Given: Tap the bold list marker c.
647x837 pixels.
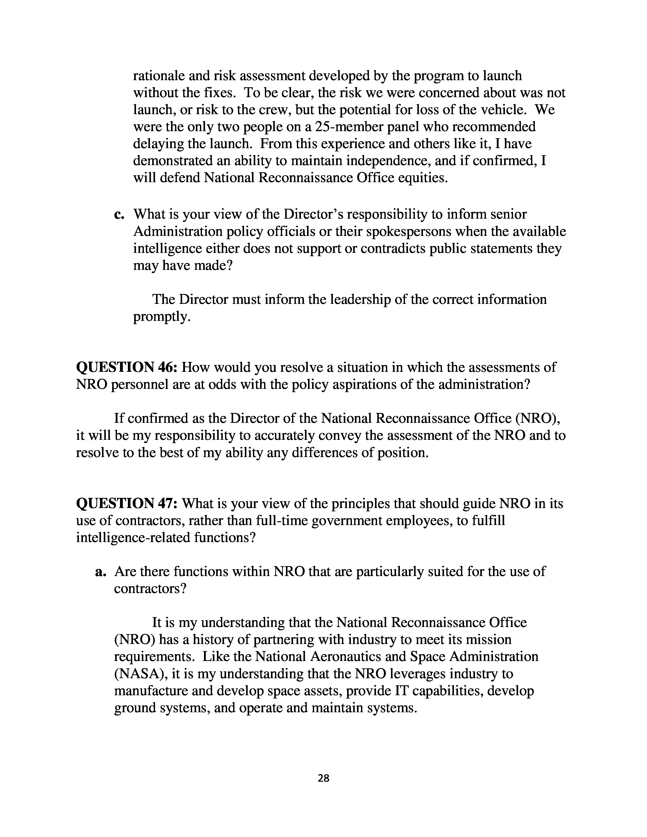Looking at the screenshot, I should tap(119, 214).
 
